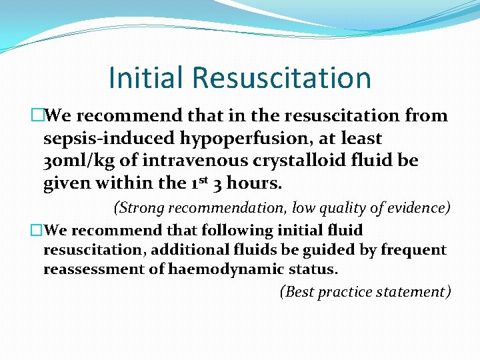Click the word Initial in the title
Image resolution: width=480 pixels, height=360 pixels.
pyautogui.click(x=145, y=78)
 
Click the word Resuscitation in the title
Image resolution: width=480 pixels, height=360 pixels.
pyautogui.click(x=281, y=78)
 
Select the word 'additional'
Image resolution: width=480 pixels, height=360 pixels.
pyautogui.click(x=171, y=250)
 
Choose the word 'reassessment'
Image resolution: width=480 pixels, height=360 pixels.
pyautogui.click(x=89, y=269)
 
